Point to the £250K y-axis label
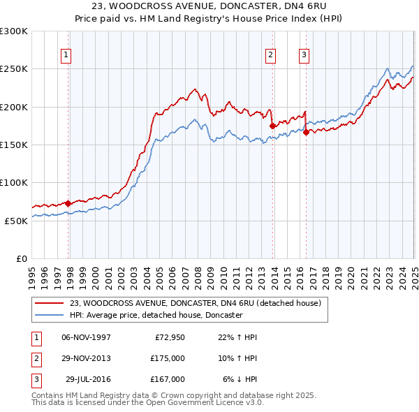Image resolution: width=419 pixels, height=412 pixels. pos(14,69)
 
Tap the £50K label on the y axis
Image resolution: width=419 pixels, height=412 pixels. pos(16,221)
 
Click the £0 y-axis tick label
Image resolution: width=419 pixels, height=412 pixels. pos(22,258)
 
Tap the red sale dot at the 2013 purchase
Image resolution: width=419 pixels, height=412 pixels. pos(272,126)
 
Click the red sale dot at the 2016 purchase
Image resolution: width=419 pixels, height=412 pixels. pos(306,132)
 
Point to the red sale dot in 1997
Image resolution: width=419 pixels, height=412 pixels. pos(68,203)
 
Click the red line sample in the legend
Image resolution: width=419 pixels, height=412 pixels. pos(49,303)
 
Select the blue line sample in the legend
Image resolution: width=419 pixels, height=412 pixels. pos(49,316)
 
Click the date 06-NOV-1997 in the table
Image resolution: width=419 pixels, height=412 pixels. pos(87,337)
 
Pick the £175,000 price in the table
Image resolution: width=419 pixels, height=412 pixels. pos(168,358)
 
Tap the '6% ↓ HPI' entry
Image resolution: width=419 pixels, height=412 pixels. pos(241,379)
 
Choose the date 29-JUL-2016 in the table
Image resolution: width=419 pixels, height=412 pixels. pos(88,379)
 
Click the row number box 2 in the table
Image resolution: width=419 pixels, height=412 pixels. pos(34,358)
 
